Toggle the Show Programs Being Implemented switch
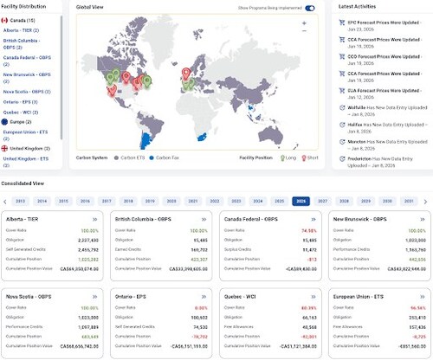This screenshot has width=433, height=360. tap(310, 8)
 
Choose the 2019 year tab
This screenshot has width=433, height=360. tap(151, 200)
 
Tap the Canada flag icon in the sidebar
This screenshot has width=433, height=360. tap(6, 18)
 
